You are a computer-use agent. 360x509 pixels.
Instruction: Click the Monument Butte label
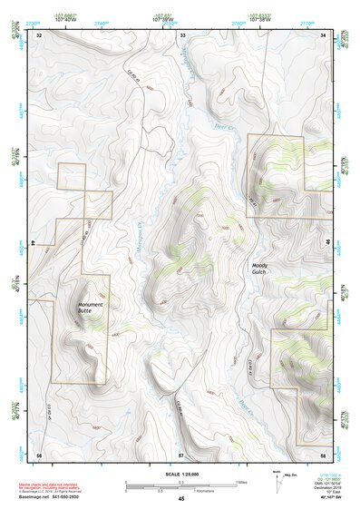[x=91, y=308]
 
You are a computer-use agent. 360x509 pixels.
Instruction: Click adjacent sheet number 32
[x=39, y=34]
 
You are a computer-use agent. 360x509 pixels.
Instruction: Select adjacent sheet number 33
[x=182, y=34]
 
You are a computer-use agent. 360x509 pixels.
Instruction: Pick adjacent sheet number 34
[x=324, y=34]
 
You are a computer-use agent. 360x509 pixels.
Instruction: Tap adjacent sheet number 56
[x=39, y=453]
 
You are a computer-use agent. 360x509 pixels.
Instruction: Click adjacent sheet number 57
[x=181, y=453]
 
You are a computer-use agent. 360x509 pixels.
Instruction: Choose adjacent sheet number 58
[x=324, y=453]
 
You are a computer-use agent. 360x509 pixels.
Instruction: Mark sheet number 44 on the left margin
[x=32, y=244]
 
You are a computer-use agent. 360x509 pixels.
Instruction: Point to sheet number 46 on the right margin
[x=330, y=244]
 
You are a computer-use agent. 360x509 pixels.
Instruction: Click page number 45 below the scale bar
[x=181, y=498]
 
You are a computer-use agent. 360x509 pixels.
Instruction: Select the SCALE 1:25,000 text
[x=181, y=475]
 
